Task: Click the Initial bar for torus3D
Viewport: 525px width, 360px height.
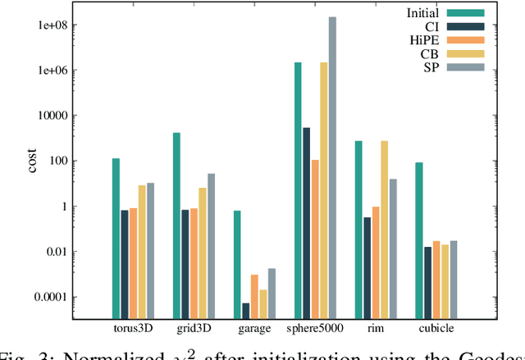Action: [116, 239]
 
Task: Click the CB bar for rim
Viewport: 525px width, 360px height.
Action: [384, 230]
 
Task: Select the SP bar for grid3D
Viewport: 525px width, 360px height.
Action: [211, 246]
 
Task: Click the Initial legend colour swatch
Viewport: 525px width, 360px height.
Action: [464, 12]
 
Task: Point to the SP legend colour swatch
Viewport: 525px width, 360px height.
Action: [464, 66]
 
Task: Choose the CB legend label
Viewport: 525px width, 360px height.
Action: [431, 52]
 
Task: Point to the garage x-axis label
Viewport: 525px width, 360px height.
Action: [254, 330]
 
